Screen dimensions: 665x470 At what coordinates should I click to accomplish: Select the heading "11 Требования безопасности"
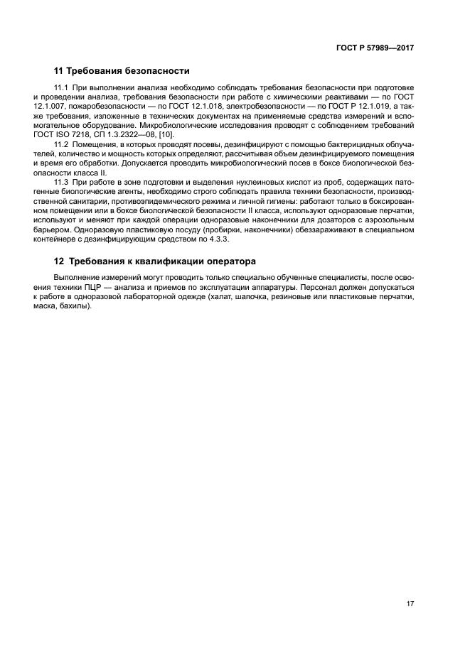click(122, 71)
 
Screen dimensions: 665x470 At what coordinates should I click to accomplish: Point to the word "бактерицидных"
click(344, 144)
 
